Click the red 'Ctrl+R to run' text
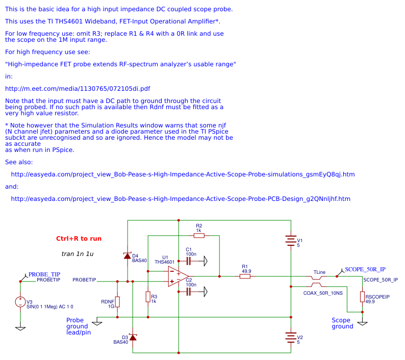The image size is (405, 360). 79,239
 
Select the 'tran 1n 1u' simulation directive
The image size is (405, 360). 78,254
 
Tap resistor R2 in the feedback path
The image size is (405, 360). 199,236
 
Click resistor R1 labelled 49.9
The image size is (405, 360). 245,276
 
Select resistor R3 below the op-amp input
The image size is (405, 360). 148,297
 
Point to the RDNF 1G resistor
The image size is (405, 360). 117,301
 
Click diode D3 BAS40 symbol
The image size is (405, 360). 133,337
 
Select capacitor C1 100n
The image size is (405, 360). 188,261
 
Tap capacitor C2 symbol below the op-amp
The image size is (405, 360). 188,292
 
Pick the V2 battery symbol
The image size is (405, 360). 290,337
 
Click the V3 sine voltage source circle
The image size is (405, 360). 20,302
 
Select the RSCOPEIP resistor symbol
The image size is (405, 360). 362,297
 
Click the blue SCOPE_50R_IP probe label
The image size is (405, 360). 365,269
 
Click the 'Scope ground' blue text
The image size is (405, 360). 342,323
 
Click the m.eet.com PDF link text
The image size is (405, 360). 78,89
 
